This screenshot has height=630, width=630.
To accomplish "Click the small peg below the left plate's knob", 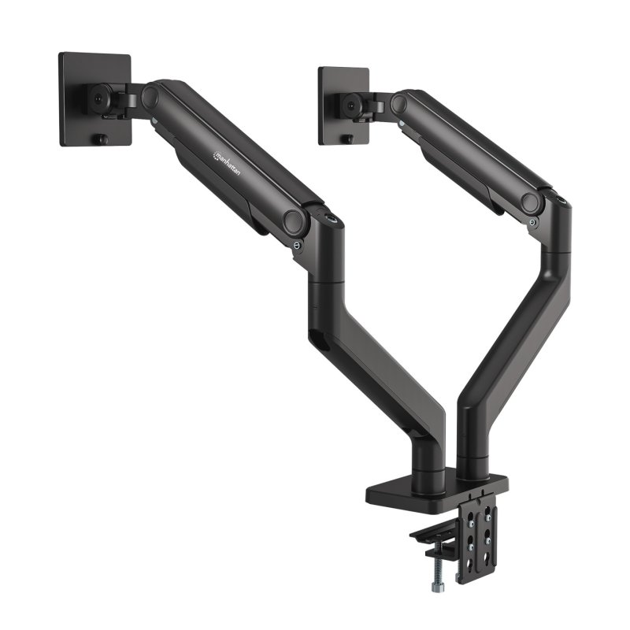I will (x=100, y=140).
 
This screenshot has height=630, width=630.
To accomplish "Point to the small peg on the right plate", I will (x=348, y=139).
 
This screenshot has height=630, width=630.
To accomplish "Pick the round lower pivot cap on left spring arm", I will (x=295, y=220).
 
